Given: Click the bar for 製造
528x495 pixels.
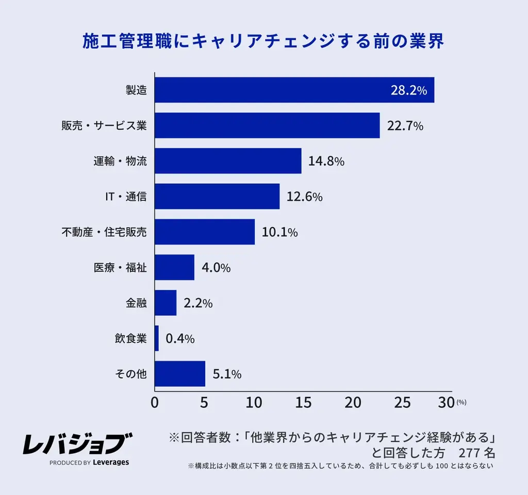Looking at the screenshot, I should [294, 90].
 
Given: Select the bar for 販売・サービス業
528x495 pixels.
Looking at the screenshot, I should [267, 125].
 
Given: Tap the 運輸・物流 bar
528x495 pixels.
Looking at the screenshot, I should [228, 161].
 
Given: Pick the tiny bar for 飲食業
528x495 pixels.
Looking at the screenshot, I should [157, 339].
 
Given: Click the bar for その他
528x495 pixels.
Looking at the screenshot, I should [180, 374].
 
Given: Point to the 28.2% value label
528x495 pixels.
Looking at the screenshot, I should [408, 91].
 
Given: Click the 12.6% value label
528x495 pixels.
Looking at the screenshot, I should [304, 197].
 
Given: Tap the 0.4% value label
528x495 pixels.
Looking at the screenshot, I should [180, 339].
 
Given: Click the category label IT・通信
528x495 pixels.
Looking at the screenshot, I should [123, 197].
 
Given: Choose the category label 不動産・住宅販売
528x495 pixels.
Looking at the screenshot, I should [104, 232].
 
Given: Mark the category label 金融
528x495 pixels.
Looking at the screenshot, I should [136, 303].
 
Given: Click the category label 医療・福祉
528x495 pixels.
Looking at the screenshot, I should [120, 268].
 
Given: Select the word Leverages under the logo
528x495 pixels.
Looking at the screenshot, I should [111, 462].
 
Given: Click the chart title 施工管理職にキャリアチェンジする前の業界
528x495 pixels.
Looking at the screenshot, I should [263, 42].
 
